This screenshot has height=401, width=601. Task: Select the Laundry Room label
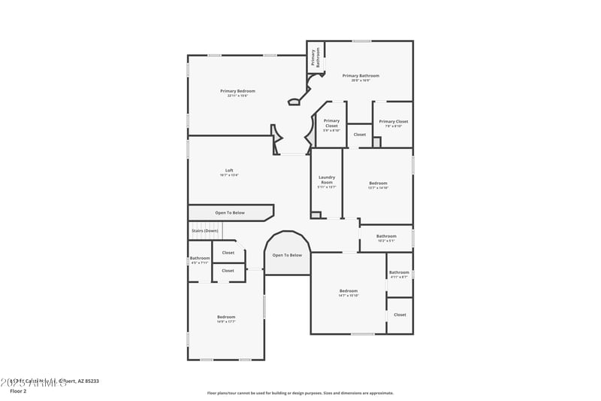(327, 181)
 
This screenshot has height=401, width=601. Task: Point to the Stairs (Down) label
(204, 230)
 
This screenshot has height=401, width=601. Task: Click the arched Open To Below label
(287, 255)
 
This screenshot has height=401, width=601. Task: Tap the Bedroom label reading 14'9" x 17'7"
(226, 318)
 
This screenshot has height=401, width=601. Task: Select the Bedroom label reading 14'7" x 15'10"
(349, 293)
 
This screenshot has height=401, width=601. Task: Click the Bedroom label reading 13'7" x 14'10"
(378, 185)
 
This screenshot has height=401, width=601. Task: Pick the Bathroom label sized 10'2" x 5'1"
(386, 238)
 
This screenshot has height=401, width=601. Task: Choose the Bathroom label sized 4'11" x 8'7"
(399, 274)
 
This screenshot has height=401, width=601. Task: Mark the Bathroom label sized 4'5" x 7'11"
(200, 260)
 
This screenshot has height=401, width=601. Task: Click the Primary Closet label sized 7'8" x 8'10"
(393, 123)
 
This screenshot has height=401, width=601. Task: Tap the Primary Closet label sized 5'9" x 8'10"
(331, 125)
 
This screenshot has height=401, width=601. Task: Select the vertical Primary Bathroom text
(316, 58)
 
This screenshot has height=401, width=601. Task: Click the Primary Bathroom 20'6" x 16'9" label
(361, 77)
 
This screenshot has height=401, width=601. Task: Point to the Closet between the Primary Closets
(360, 135)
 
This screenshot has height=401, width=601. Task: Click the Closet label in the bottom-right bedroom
(400, 314)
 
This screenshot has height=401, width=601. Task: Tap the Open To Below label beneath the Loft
(230, 213)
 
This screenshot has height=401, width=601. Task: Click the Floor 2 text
(18, 391)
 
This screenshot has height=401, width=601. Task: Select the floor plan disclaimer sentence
(300, 393)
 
